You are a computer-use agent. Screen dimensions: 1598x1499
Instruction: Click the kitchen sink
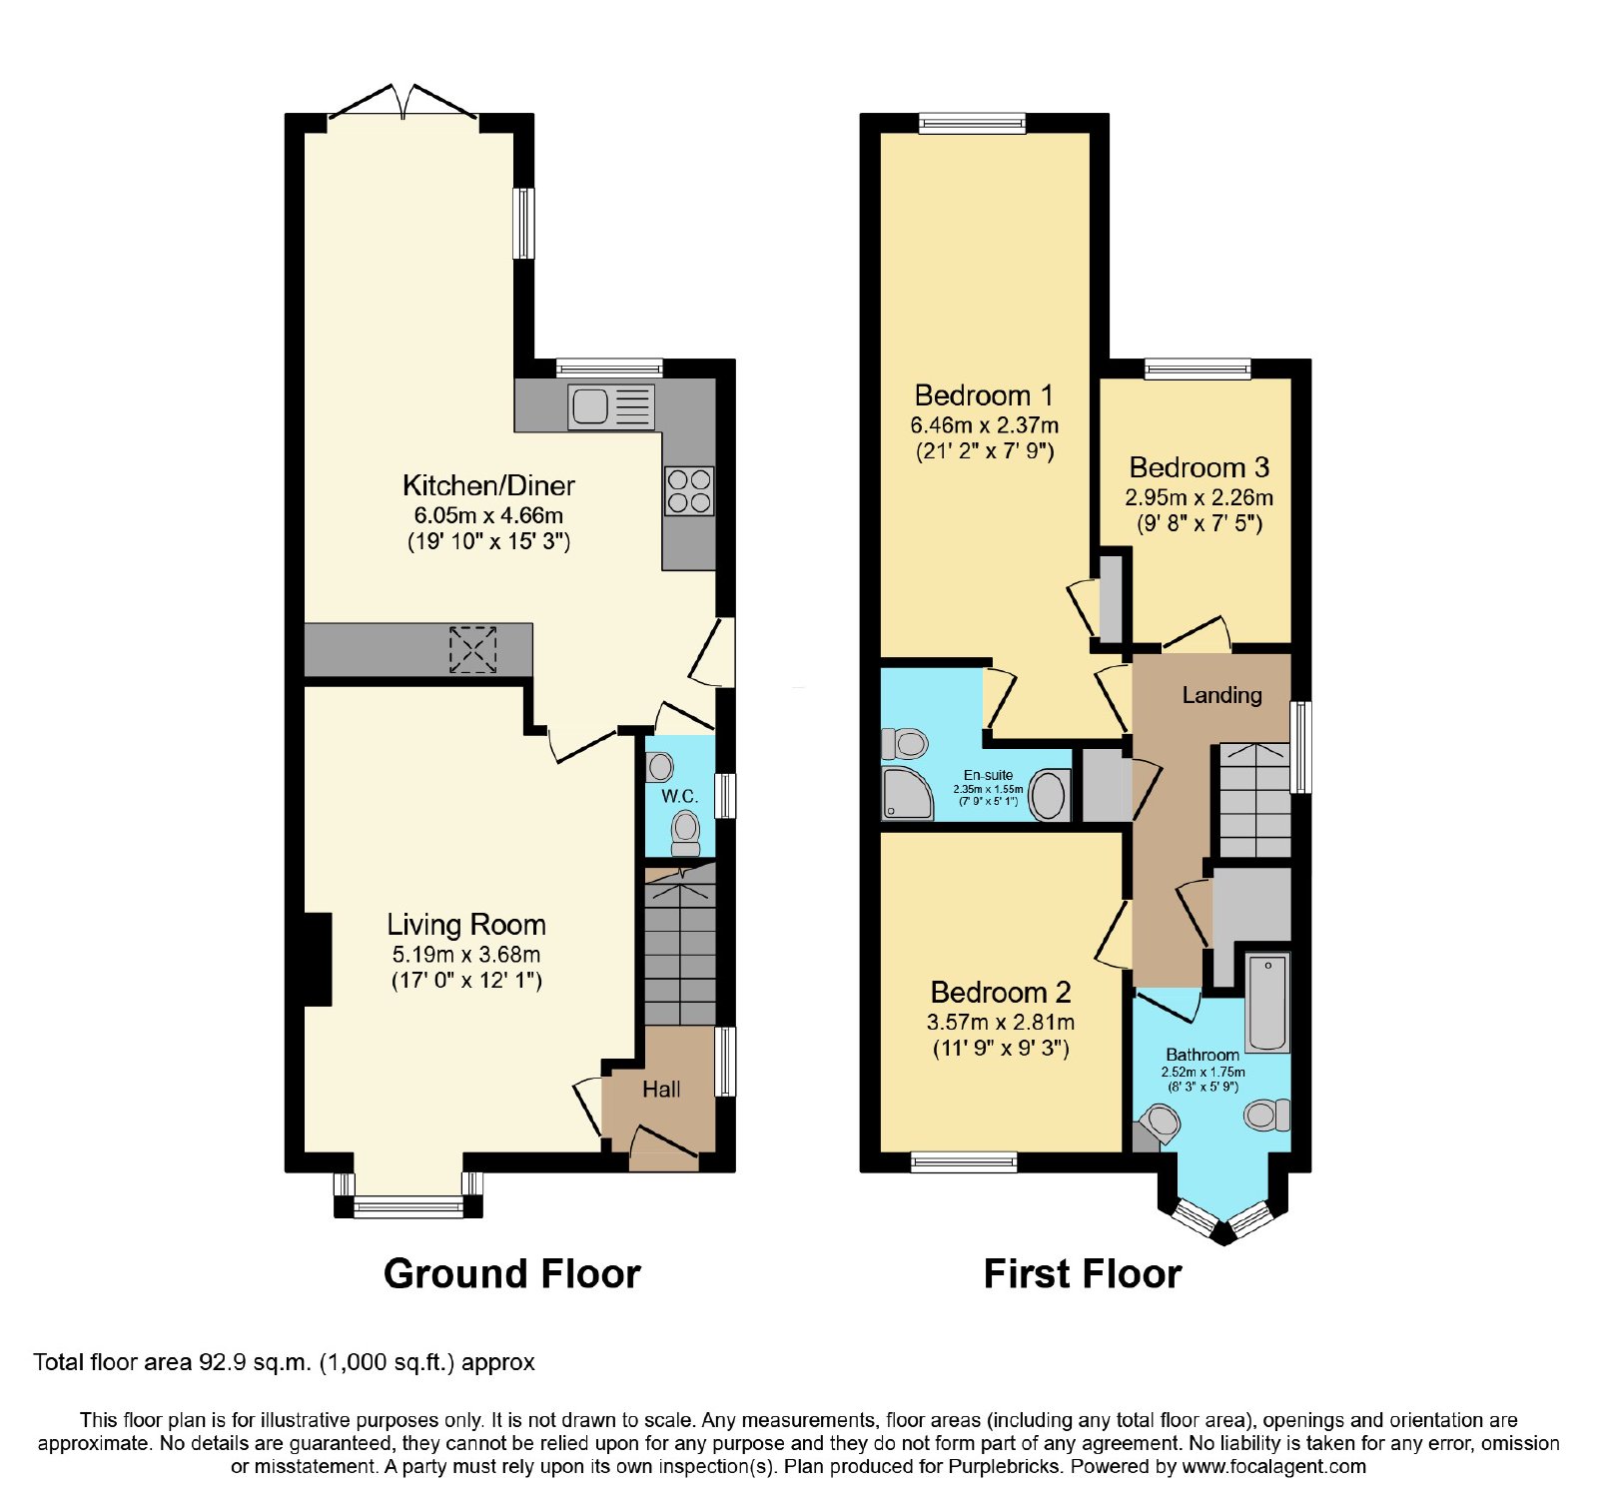tap(611, 407)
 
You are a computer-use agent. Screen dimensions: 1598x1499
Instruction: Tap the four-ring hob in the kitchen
tap(689, 491)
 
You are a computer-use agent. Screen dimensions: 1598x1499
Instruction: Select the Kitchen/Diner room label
tap(488, 486)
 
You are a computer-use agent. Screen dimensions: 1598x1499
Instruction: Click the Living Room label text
tap(466, 925)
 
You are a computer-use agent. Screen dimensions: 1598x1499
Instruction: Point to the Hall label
tap(661, 1090)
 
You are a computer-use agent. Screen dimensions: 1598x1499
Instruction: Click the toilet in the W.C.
tap(685, 833)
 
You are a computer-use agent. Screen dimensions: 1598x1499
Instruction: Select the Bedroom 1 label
tap(984, 395)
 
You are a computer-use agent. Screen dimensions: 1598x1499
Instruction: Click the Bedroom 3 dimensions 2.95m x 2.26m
tap(1199, 497)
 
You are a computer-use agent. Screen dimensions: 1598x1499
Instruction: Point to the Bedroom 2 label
tap(1001, 993)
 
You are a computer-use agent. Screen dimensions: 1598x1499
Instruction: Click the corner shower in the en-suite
tap(907, 793)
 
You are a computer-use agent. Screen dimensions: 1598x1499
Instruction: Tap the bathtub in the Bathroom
tap(1267, 1003)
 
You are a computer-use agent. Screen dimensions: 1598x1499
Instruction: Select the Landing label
tap(1221, 695)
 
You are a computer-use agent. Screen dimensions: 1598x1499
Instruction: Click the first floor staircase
tap(1255, 800)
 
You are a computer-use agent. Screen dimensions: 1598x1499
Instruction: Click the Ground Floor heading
tap(512, 1274)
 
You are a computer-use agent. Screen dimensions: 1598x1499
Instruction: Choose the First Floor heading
tap(1083, 1274)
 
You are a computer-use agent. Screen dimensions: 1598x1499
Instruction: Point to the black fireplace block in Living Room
tap(318, 959)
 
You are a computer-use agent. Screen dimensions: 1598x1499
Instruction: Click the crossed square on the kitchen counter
tap(472, 649)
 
